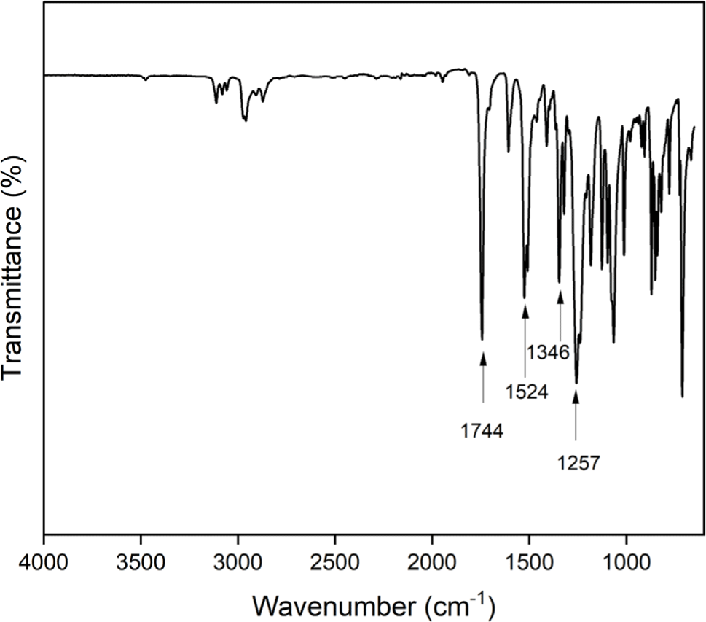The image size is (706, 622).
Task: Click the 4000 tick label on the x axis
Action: (x=44, y=563)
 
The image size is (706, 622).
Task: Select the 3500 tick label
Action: (x=141, y=563)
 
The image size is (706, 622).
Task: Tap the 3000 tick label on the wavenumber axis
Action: (x=238, y=563)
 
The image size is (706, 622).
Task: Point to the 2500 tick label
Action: (x=335, y=563)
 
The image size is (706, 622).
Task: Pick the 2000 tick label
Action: (x=432, y=563)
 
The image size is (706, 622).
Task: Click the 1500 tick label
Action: (x=529, y=563)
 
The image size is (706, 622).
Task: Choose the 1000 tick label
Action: (x=627, y=563)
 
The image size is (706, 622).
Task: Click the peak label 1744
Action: (x=482, y=432)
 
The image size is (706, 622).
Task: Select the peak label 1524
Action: (x=526, y=392)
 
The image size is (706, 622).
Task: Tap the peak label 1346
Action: (x=549, y=352)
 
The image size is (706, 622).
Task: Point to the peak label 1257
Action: (x=578, y=463)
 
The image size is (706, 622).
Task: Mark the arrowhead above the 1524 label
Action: (x=525, y=311)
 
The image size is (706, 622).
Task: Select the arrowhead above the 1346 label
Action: (x=560, y=297)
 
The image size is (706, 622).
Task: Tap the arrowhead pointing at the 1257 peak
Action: (x=576, y=397)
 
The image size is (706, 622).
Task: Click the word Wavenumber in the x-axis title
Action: (x=335, y=607)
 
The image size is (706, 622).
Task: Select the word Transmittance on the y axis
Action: (x=12, y=292)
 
